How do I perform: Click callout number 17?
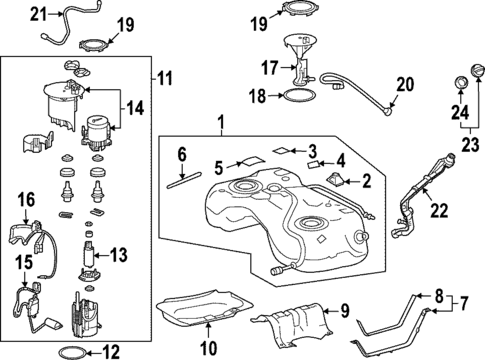(267, 69)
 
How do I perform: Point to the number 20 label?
(404, 84)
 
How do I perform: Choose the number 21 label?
(38, 13)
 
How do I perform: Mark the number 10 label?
(208, 349)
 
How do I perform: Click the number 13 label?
(119, 256)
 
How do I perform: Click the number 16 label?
(26, 199)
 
